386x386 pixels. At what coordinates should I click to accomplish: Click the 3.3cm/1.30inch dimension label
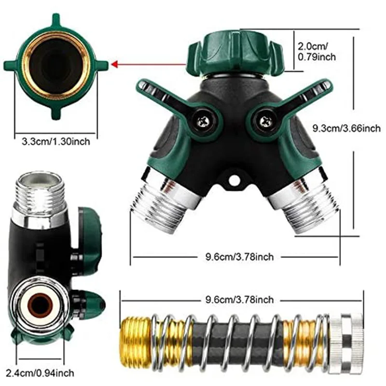(x=56, y=141)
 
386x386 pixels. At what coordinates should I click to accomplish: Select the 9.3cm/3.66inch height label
(x=346, y=128)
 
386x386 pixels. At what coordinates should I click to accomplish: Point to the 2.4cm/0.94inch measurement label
(x=40, y=373)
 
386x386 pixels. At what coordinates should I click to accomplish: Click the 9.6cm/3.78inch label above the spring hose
(x=239, y=300)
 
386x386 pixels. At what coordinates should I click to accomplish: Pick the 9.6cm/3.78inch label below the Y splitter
(x=239, y=257)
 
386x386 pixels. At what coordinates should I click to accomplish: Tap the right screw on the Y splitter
(x=265, y=121)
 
